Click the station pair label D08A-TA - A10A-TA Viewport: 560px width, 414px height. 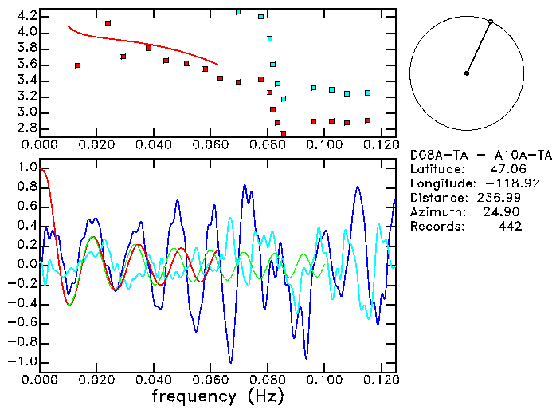pos(465,155)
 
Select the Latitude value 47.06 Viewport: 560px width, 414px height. pos(507,169)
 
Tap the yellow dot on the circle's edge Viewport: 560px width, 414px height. pos(491,22)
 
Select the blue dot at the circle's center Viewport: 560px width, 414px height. pos(467,73)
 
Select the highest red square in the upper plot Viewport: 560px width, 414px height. pos(108,23)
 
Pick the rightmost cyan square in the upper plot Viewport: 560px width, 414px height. pos(367,93)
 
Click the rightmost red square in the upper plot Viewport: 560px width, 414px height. pos(367,120)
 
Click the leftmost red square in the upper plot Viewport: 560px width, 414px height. pos(77,65)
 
